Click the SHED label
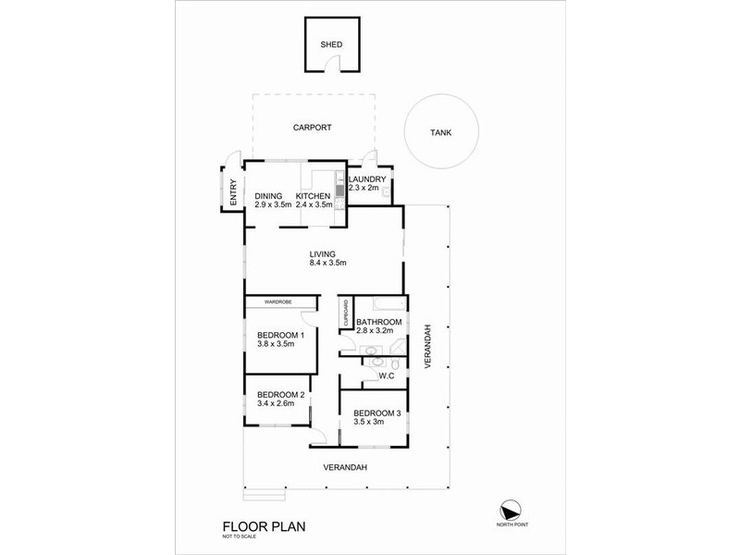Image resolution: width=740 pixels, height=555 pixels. (x=330, y=43)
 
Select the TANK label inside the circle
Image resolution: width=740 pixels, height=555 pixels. (x=441, y=132)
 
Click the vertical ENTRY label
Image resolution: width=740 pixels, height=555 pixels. (x=233, y=192)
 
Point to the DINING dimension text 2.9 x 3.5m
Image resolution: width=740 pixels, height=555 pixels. (x=273, y=204)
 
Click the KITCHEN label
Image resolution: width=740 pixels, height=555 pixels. (x=313, y=195)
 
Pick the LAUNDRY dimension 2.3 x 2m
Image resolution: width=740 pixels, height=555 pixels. (x=366, y=188)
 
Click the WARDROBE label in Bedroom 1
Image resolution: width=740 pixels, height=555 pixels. (x=278, y=302)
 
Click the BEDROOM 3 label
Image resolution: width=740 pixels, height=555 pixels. (x=376, y=412)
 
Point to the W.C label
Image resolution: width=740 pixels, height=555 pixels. (x=388, y=375)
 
